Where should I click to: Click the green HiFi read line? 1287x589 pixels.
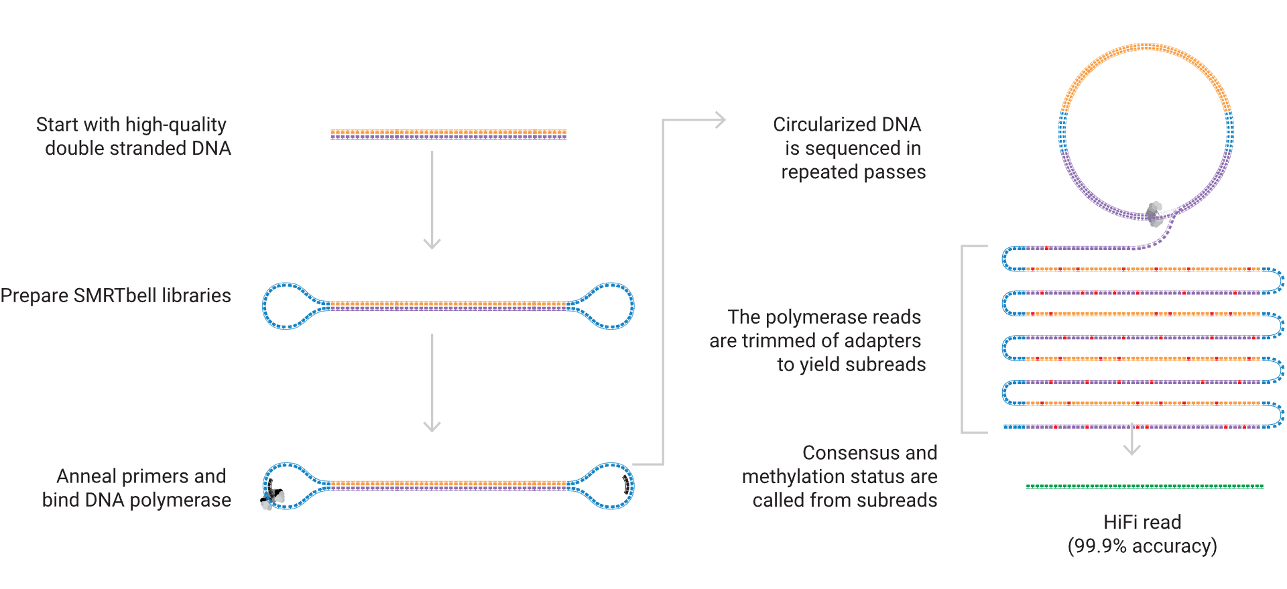[1144, 486]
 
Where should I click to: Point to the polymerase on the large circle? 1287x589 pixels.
[1154, 214]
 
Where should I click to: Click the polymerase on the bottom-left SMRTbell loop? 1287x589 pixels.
[271, 498]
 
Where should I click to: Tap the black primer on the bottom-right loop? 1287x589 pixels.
[627, 485]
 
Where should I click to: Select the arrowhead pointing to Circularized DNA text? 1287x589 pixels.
[720, 121]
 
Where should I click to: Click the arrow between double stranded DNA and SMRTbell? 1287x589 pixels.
[432, 201]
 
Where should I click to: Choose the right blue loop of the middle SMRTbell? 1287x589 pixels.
[609, 306]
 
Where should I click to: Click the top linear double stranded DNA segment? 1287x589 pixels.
[448, 135]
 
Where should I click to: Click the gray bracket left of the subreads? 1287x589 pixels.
[963, 339]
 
